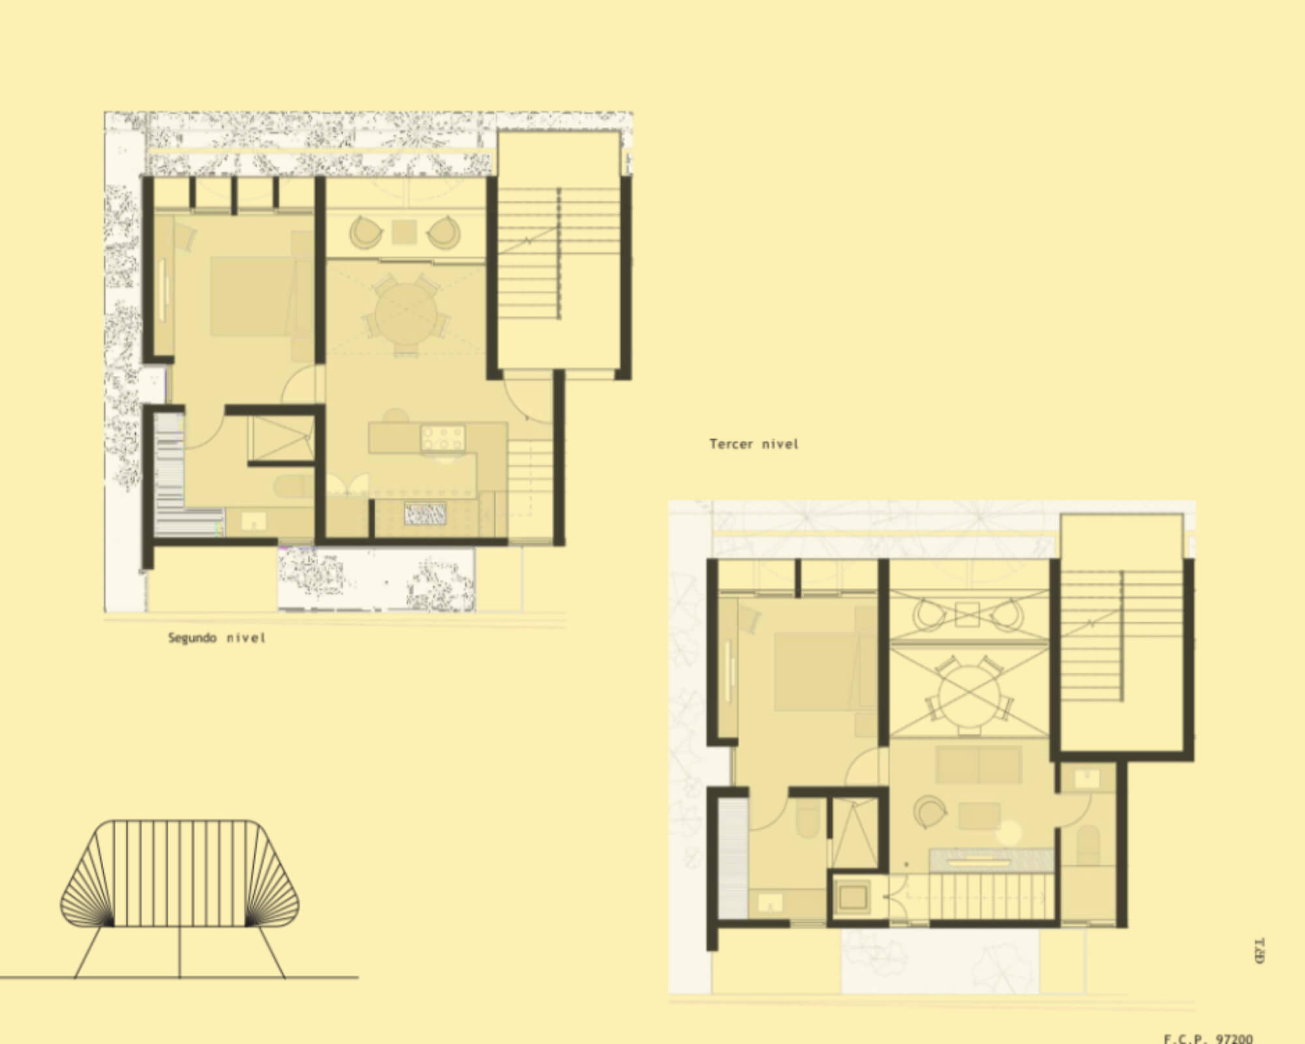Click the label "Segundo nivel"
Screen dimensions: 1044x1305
point(217,637)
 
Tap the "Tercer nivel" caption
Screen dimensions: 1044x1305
point(754,444)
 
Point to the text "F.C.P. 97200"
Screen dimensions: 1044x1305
point(1208,1038)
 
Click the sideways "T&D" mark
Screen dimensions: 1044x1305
point(1259,951)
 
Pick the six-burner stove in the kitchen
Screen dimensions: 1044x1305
point(443,437)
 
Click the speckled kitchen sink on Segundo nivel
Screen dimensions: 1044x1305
point(425,514)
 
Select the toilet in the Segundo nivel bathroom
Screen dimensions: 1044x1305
point(290,486)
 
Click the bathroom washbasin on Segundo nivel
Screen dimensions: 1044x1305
point(251,521)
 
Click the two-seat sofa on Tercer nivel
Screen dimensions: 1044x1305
point(978,765)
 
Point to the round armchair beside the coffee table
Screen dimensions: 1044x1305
point(930,812)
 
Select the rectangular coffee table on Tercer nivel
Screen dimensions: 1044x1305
point(979,816)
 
